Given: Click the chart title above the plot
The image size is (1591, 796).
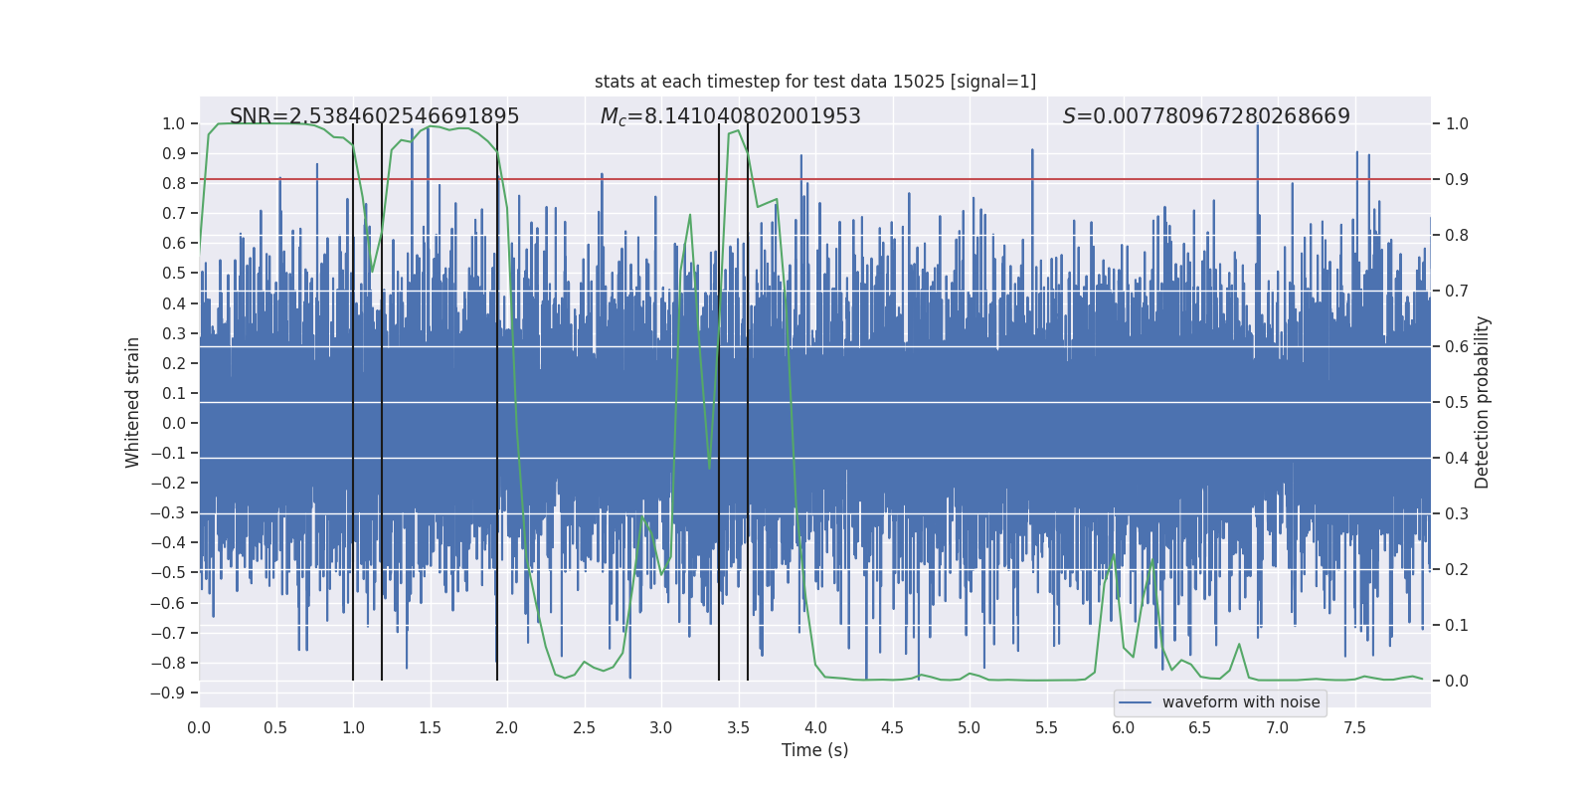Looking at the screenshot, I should point(814,82).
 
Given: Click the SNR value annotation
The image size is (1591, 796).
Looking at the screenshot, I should point(374,116).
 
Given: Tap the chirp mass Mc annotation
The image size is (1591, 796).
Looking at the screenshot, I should point(730,116).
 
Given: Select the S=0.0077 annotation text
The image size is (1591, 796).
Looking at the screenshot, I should point(1205,116).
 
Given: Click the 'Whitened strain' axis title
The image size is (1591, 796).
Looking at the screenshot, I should point(132,402).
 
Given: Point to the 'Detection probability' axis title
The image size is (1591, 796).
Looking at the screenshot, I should point(1482,402).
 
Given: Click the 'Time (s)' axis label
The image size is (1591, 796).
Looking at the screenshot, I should point(814,750).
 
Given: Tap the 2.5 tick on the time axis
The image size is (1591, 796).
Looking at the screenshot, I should point(584,727).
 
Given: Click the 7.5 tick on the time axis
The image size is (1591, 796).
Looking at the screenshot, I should point(1354,727).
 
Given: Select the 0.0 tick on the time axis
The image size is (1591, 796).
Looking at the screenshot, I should point(199,727).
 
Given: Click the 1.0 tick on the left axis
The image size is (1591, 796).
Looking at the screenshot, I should point(173,123).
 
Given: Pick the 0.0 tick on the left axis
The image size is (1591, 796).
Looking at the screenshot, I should point(173,423).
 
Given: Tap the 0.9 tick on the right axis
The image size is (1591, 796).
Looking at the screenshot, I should point(1457,179).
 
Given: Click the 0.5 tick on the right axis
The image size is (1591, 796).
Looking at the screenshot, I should point(1457,402).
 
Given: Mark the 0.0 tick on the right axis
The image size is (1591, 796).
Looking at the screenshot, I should point(1457,681).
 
